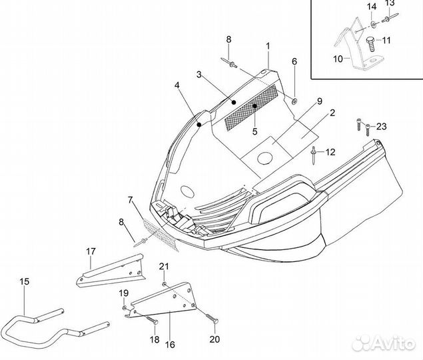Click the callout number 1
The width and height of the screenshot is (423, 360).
click(268, 45)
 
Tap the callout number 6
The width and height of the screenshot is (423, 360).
click(294, 62)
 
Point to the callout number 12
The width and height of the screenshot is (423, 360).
click(330, 152)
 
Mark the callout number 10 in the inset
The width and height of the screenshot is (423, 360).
click(338, 59)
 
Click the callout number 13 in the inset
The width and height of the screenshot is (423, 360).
click(390, 3)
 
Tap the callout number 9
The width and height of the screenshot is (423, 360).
click(319, 101)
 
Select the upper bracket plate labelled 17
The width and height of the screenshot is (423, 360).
click(114, 271)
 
